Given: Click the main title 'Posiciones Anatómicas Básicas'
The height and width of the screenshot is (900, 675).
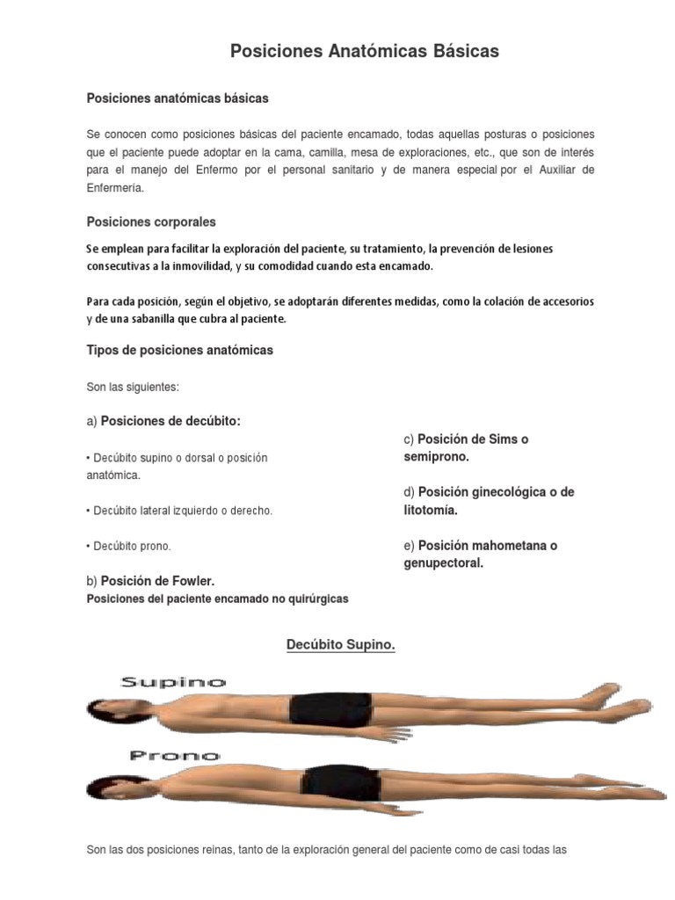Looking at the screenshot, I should click(364, 52).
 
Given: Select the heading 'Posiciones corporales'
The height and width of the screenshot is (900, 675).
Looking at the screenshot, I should click(150, 222).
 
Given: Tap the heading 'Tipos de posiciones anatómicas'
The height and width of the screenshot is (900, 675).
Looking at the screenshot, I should click(179, 350).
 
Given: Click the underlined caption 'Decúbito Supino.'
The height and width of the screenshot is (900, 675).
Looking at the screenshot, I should click(341, 646).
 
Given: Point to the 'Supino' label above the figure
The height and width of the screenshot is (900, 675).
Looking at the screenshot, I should click(173, 682).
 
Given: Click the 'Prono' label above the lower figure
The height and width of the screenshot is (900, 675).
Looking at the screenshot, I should click(175, 755).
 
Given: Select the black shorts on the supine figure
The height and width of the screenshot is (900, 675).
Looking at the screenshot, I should click(330, 708).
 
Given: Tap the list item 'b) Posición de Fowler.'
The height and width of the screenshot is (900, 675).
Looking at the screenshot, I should click(150, 581).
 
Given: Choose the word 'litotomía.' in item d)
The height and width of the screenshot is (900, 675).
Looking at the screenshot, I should click(431, 510).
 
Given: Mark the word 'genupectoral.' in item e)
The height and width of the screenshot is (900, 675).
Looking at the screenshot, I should click(444, 563).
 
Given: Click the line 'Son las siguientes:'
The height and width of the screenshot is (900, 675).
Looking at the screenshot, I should click(133, 387).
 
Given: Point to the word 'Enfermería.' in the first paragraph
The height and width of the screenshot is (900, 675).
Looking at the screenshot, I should click(113, 188).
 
